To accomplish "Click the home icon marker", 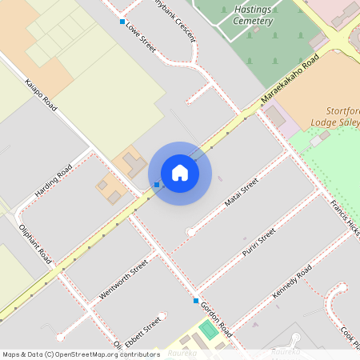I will [180, 173].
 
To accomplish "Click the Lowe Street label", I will [141, 38].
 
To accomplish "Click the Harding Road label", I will [54, 182].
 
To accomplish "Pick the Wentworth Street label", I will [123, 279].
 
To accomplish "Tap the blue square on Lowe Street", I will [122, 22].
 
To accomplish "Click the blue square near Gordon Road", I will [196, 301].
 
